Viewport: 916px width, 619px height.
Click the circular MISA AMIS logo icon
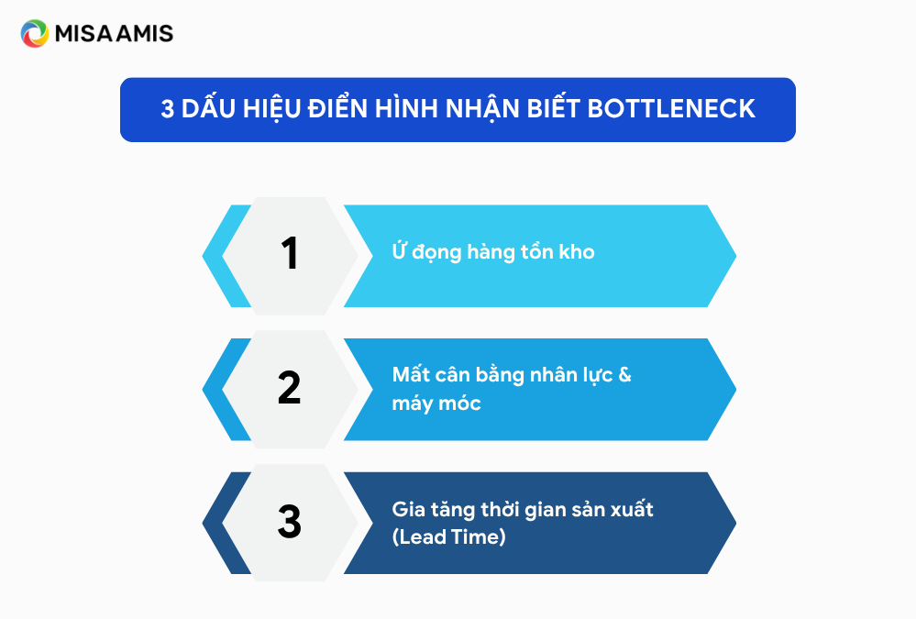pos(35,33)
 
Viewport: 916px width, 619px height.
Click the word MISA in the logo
pos(83,34)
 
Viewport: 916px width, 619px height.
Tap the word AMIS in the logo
pos(144,34)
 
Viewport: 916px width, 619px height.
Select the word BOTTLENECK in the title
pos(671,109)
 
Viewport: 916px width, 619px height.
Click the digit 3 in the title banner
pos(168,109)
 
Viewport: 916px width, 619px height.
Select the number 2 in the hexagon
pos(289,388)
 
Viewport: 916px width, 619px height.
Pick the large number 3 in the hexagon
pos(289,522)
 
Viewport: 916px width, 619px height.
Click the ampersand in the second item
pos(624,375)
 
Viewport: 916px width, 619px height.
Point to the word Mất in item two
pos(410,373)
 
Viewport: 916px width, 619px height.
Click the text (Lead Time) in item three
pos(448,537)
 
